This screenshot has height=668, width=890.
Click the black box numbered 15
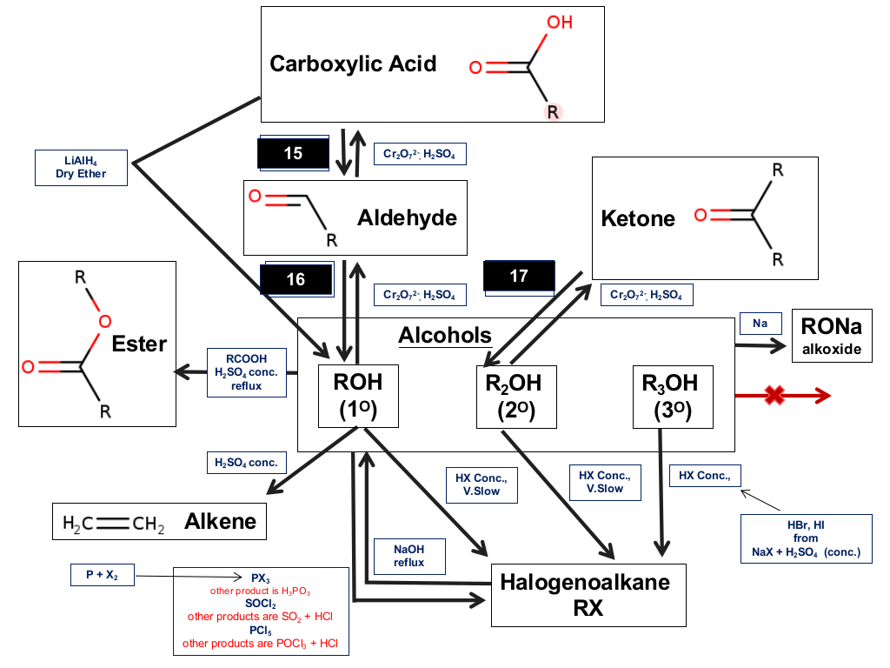point(294,153)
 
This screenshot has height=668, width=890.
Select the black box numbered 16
point(296,279)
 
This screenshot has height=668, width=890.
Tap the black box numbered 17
point(519,277)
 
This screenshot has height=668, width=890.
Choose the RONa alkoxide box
point(832,337)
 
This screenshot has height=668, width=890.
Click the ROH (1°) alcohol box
point(358,397)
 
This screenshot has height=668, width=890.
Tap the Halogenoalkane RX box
point(588,596)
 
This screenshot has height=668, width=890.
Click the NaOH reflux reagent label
point(408,557)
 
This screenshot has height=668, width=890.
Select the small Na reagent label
point(760,324)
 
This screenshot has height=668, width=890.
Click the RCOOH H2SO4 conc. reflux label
point(246,372)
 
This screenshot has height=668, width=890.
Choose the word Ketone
point(638,218)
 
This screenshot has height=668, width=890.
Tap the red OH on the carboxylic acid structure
point(560,23)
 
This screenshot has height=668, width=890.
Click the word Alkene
point(220,521)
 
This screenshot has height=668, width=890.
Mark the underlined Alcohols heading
point(445,336)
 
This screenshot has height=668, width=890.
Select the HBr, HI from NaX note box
point(807,539)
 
